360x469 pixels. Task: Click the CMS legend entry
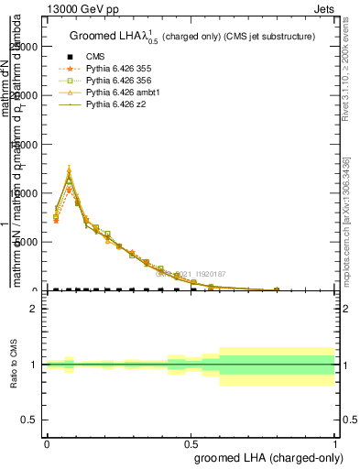click(x=96, y=57)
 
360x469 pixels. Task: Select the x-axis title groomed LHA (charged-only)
click(x=265, y=456)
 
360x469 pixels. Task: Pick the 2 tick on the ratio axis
click(x=33, y=309)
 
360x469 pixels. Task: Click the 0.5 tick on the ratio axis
click(x=29, y=420)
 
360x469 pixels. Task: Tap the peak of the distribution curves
click(x=69, y=172)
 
